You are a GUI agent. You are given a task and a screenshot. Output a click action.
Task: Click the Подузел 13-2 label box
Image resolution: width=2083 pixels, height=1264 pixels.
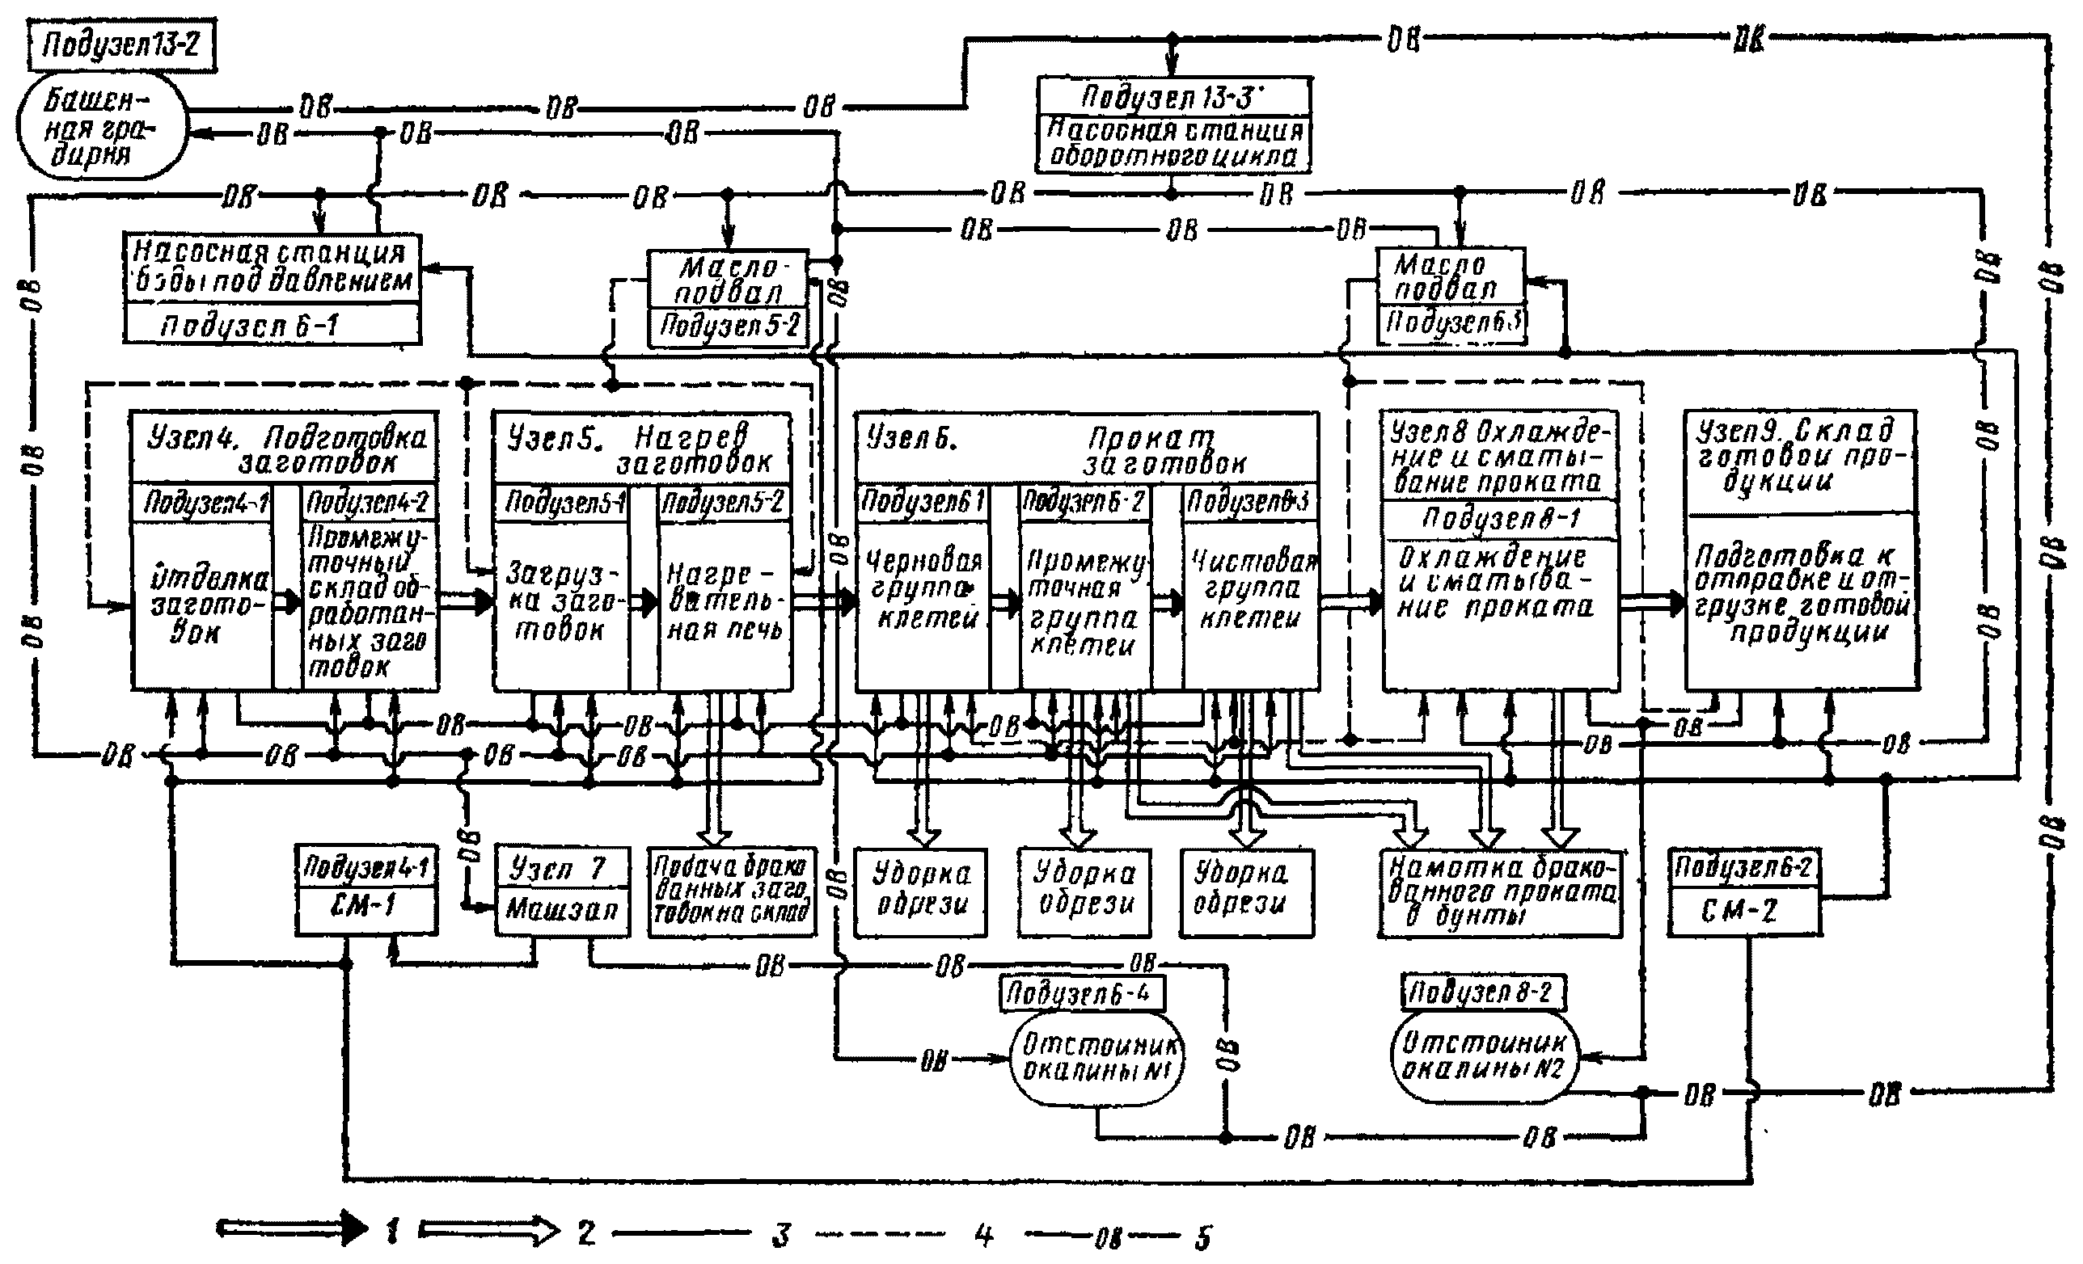121,44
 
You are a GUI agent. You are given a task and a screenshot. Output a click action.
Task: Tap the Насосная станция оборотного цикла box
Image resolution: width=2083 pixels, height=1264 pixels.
1174,144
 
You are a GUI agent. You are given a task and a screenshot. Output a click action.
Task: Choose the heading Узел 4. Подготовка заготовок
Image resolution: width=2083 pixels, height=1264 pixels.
285,448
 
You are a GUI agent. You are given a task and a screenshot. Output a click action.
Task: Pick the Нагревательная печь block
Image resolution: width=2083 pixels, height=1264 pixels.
725,601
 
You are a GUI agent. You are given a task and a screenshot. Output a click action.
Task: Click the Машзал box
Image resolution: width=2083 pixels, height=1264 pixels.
562,911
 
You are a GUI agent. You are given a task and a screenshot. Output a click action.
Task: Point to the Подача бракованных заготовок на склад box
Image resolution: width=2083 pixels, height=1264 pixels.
732,891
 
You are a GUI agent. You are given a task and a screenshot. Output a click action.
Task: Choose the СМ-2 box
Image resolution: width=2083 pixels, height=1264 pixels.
1743,911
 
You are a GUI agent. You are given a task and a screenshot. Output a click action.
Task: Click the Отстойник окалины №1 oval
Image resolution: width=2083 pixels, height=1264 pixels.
1097,1060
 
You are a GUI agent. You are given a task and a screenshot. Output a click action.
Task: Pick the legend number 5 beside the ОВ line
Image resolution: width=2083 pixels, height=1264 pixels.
1203,1239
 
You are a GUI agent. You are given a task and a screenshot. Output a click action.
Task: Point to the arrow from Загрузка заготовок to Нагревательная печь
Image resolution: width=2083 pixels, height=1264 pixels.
644,602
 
